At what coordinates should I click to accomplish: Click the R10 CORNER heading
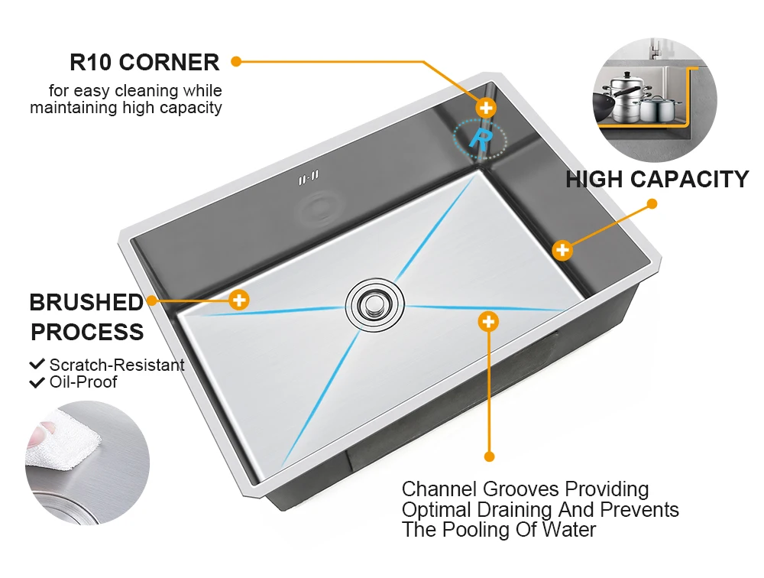point(144,62)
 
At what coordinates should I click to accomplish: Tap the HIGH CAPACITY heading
point(657,180)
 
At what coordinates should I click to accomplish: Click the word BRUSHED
point(86,303)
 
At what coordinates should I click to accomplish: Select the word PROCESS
point(86,333)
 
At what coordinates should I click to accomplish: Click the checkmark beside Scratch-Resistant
point(37,365)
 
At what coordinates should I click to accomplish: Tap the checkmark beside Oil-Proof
point(37,382)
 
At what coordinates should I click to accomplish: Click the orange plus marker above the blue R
point(486,108)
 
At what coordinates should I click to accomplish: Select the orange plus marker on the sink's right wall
point(562,250)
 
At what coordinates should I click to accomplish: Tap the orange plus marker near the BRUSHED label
point(240,300)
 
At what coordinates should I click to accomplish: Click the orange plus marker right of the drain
point(488,321)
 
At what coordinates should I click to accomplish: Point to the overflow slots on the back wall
point(309,178)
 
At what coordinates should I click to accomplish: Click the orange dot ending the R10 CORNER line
point(236,61)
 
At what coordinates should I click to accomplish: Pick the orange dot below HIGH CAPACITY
point(652,204)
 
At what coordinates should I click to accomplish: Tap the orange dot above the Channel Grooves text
point(490,456)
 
